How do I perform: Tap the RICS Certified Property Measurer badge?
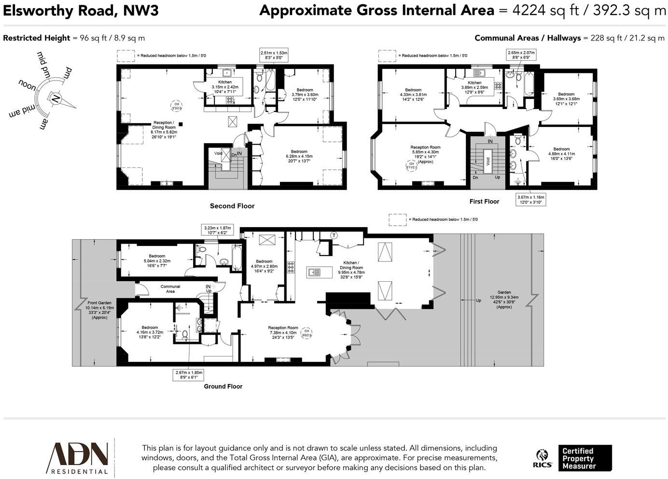[573, 458]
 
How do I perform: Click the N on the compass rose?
[56, 100]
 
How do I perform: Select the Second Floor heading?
[232, 206]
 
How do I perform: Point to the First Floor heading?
[484, 201]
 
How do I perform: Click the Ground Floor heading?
[223, 386]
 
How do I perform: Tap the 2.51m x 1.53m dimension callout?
[274, 55]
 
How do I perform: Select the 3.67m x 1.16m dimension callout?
[531, 200]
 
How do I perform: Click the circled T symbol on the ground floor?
[334, 235]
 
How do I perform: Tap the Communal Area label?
[170, 289]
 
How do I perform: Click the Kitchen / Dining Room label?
[351, 270]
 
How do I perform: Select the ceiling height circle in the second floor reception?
[177, 106]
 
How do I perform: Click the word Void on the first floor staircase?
[488, 161]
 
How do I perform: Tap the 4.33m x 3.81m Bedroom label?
[413, 95]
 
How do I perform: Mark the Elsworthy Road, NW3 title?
[81, 11]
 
